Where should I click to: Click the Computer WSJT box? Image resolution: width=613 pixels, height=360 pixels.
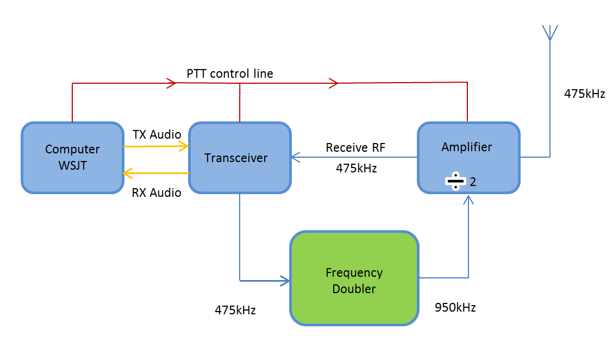pos(72,157)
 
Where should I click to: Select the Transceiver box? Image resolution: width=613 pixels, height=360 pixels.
pos(239,157)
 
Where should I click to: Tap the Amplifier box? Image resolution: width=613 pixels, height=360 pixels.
pos(468,157)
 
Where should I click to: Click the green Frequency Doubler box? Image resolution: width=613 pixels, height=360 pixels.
pos(354,278)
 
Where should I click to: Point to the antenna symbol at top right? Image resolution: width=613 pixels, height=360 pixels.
pos(550,33)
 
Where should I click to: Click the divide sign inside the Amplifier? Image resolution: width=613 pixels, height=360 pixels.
pos(456,182)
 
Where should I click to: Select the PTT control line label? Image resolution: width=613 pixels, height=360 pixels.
pos(230,73)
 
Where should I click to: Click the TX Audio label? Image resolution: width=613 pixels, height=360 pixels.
pos(157,135)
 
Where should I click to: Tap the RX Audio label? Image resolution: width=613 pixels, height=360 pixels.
pos(157,193)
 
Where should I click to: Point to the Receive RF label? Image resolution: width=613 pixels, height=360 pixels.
pos(355,147)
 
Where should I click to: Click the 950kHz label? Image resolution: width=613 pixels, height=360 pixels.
pos(455,307)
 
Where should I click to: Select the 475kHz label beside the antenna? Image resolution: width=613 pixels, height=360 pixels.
pos(584,94)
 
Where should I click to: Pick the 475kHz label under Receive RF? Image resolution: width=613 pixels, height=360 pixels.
pos(356,168)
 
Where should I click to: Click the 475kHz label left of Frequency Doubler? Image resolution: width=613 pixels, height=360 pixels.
pos(235,310)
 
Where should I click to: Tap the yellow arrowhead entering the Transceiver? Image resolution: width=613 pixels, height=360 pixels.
pos(184,146)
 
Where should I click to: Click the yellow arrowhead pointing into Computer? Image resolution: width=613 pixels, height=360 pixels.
pos(127,173)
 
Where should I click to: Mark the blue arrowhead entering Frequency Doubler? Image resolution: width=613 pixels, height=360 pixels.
pos(285,281)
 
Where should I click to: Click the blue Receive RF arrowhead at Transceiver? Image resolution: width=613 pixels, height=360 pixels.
pos(295,157)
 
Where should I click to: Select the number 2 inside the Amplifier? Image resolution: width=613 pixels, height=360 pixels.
pos(473,182)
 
